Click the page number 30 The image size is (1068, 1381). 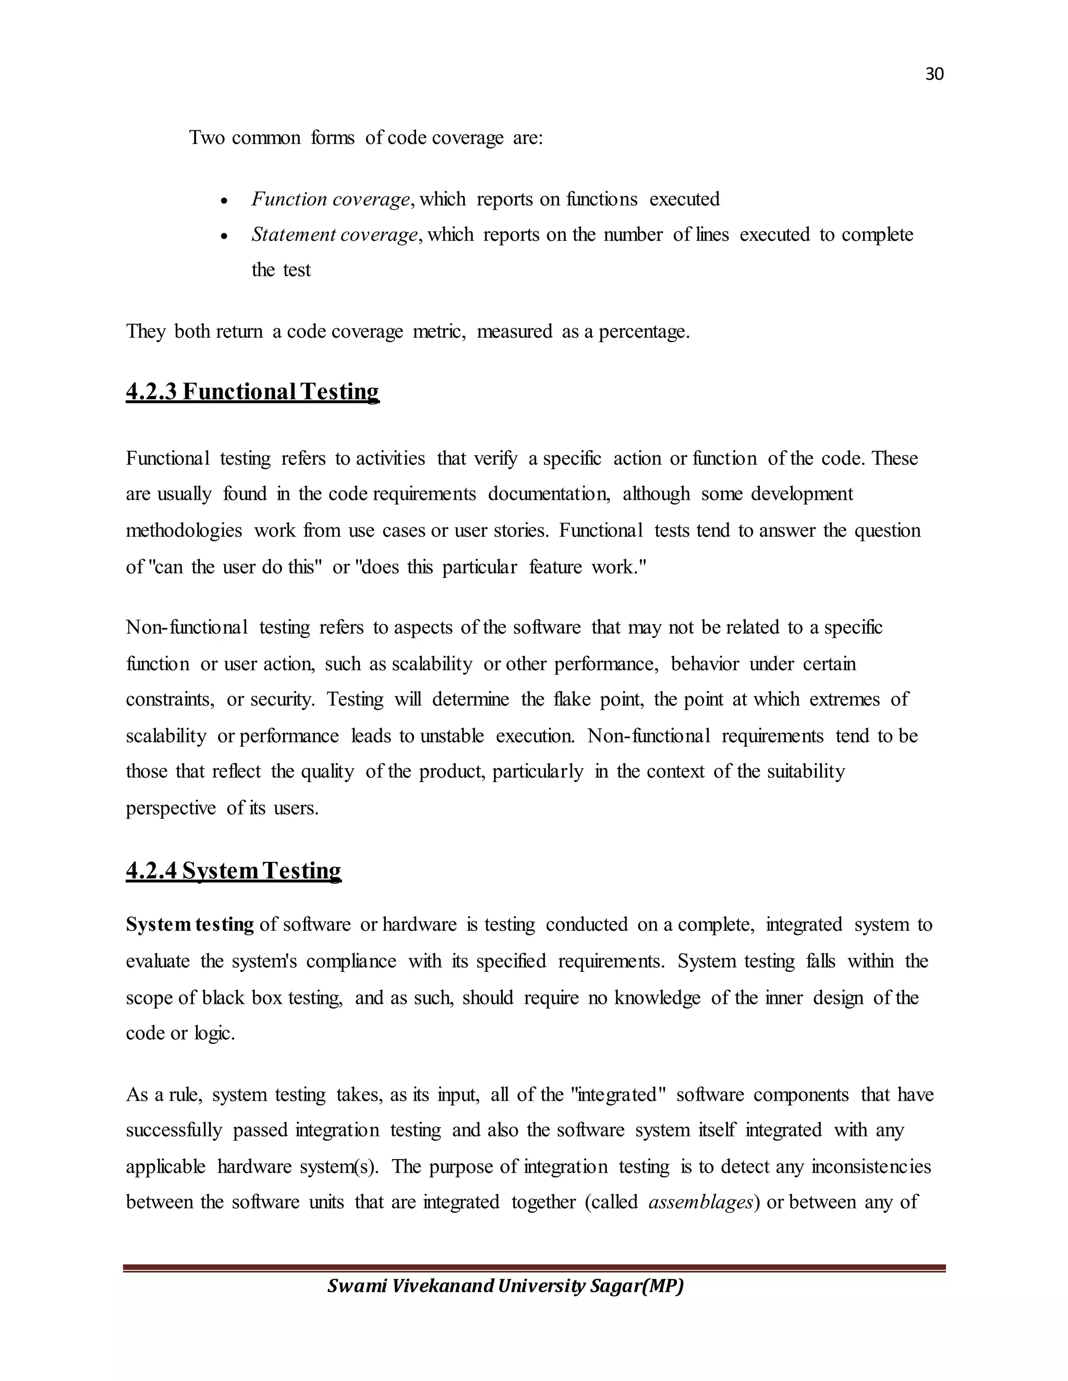934,75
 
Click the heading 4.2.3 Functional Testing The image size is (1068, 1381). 252,392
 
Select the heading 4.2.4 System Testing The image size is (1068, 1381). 234,871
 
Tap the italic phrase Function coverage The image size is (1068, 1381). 330,199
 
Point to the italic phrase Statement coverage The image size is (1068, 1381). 335,235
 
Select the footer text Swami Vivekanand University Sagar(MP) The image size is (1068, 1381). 505,1286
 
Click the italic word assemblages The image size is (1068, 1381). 701,1202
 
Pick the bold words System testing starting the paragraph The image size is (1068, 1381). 190,924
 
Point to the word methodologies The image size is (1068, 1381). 184,530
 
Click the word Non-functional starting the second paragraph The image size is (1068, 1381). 187,627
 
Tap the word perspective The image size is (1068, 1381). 171,808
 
